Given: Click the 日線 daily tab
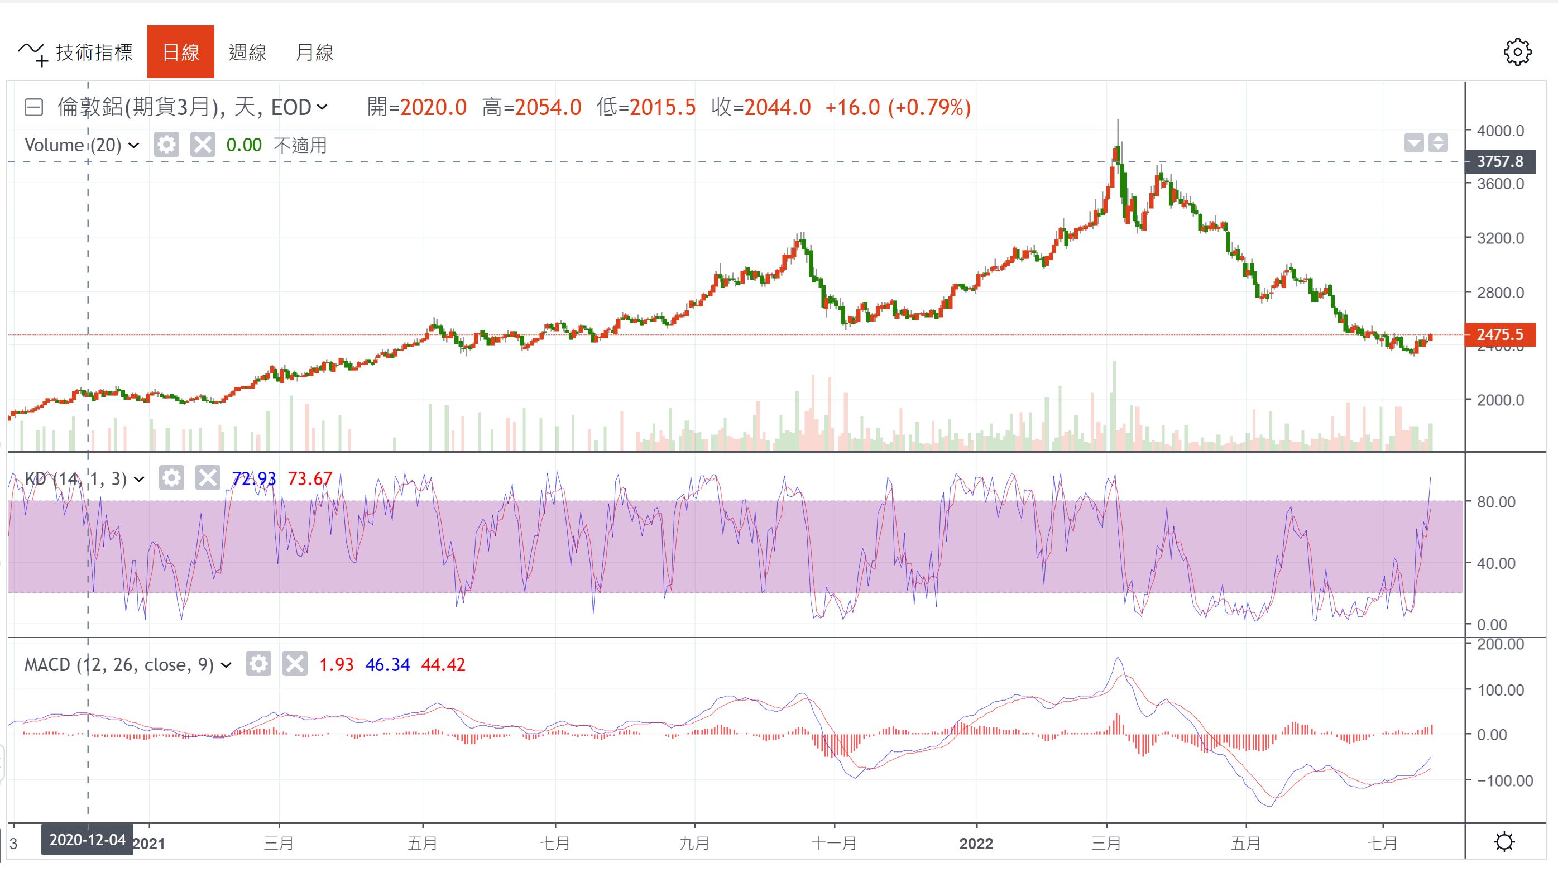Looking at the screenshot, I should pyautogui.click(x=180, y=52).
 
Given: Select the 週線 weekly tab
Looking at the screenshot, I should pyautogui.click(x=247, y=52).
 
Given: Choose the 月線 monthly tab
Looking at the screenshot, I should pyautogui.click(x=314, y=52).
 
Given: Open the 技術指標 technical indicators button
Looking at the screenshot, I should pyautogui.click(x=75, y=52).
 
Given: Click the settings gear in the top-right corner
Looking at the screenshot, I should pyautogui.click(x=1517, y=52).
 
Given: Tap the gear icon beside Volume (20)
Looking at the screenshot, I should pyautogui.click(x=166, y=145).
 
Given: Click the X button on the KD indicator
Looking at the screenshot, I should pyautogui.click(x=208, y=478).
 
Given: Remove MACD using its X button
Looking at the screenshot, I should pyautogui.click(x=295, y=664).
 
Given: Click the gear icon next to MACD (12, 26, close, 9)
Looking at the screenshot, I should pyautogui.click(x=258, y=664).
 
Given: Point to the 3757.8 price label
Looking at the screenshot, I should pyautogui.click(x=1500, y=161).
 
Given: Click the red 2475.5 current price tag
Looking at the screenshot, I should pyautogui.click(x=1500, y=334).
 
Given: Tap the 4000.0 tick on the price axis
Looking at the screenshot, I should pyautogui.click(x=1500, y=131).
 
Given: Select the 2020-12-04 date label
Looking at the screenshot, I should pyautogui.click(x=88, y=840).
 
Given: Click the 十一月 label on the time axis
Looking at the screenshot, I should pyautogui.click(x=834, y=843).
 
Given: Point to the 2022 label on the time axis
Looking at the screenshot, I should pyautogui.click(x=976, y=843).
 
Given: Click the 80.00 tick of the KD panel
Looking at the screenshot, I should pyautogui.click(x=1495, y=502).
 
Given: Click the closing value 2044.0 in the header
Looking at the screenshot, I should pyautogui.click(x=777, y=108).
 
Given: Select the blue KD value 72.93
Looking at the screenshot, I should pyautogui.click(x=254, y=479).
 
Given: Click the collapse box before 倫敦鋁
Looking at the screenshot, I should pyautogui.click(x=34, y=108).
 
